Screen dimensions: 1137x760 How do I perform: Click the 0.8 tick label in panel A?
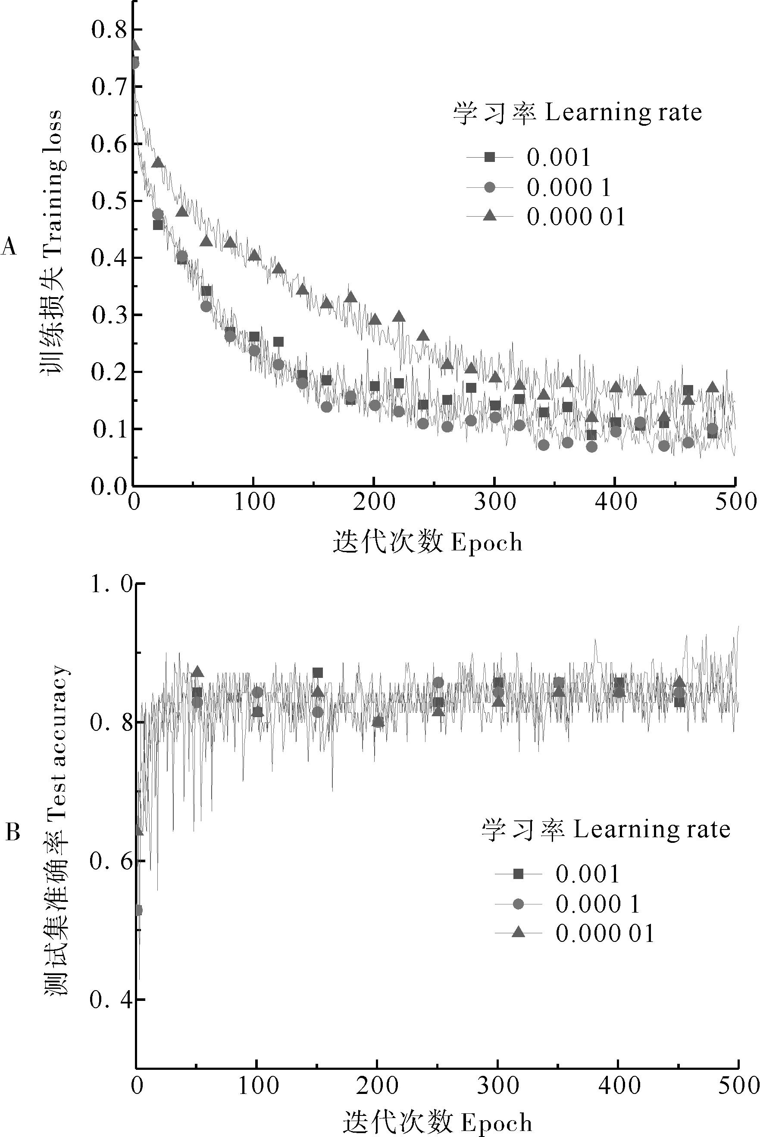tap(108, 30)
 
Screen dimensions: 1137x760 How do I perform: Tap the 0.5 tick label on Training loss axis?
tap(108, 201)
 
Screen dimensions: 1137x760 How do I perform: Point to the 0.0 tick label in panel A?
tap(108, 486)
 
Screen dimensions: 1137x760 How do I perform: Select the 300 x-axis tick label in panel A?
tap(494, 502)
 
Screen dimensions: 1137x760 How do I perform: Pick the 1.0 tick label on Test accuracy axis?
tap(111, 585)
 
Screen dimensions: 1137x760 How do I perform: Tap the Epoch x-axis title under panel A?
tap(428, 542)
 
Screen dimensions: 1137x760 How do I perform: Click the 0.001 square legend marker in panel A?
tap(490, 157)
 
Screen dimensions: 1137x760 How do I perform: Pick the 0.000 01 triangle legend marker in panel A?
tap(490, 215)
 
